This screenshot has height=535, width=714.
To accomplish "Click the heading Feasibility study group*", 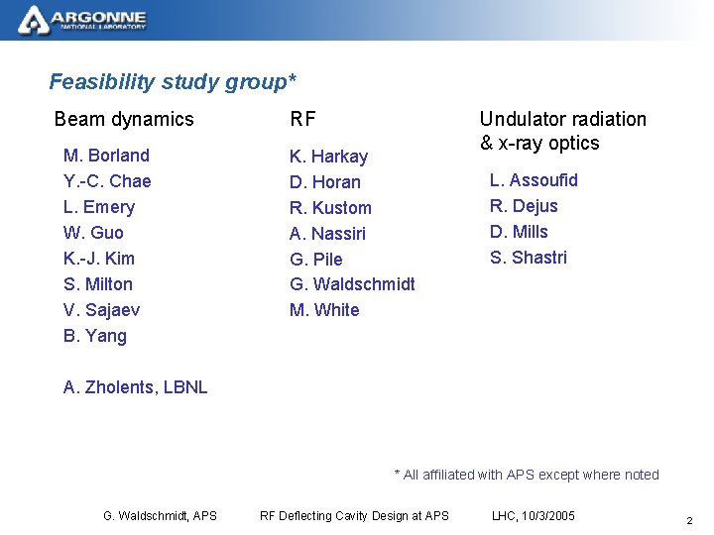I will (173, 81).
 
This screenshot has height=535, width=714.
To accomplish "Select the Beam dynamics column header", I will (124, 119).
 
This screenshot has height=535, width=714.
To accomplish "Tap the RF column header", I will (302, 119).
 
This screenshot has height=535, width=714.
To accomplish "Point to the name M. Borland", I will (106, 156).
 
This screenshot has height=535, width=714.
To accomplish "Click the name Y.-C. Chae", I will (107, 181).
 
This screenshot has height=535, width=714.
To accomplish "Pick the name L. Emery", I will (98, 207).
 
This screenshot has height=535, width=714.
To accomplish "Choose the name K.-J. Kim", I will (98, 259).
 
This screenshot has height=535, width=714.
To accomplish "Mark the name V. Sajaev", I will (101, 310).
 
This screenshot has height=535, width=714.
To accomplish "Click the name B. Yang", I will (94, 336).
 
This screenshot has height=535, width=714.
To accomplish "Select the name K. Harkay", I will (328, 157).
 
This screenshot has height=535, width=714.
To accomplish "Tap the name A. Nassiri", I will (327, 234).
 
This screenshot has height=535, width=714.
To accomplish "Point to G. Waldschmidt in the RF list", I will (352, 284).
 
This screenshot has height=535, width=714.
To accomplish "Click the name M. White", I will (324, 310).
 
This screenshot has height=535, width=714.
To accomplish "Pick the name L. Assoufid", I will (534, 180).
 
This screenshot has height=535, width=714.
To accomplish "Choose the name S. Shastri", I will (529, 258).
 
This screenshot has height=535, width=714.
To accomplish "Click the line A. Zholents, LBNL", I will (135, 387).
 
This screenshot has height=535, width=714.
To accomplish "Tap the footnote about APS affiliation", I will (527, 475).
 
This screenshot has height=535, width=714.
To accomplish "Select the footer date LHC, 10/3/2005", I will (533, 515).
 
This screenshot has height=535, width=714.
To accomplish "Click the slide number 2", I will (689, 520).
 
